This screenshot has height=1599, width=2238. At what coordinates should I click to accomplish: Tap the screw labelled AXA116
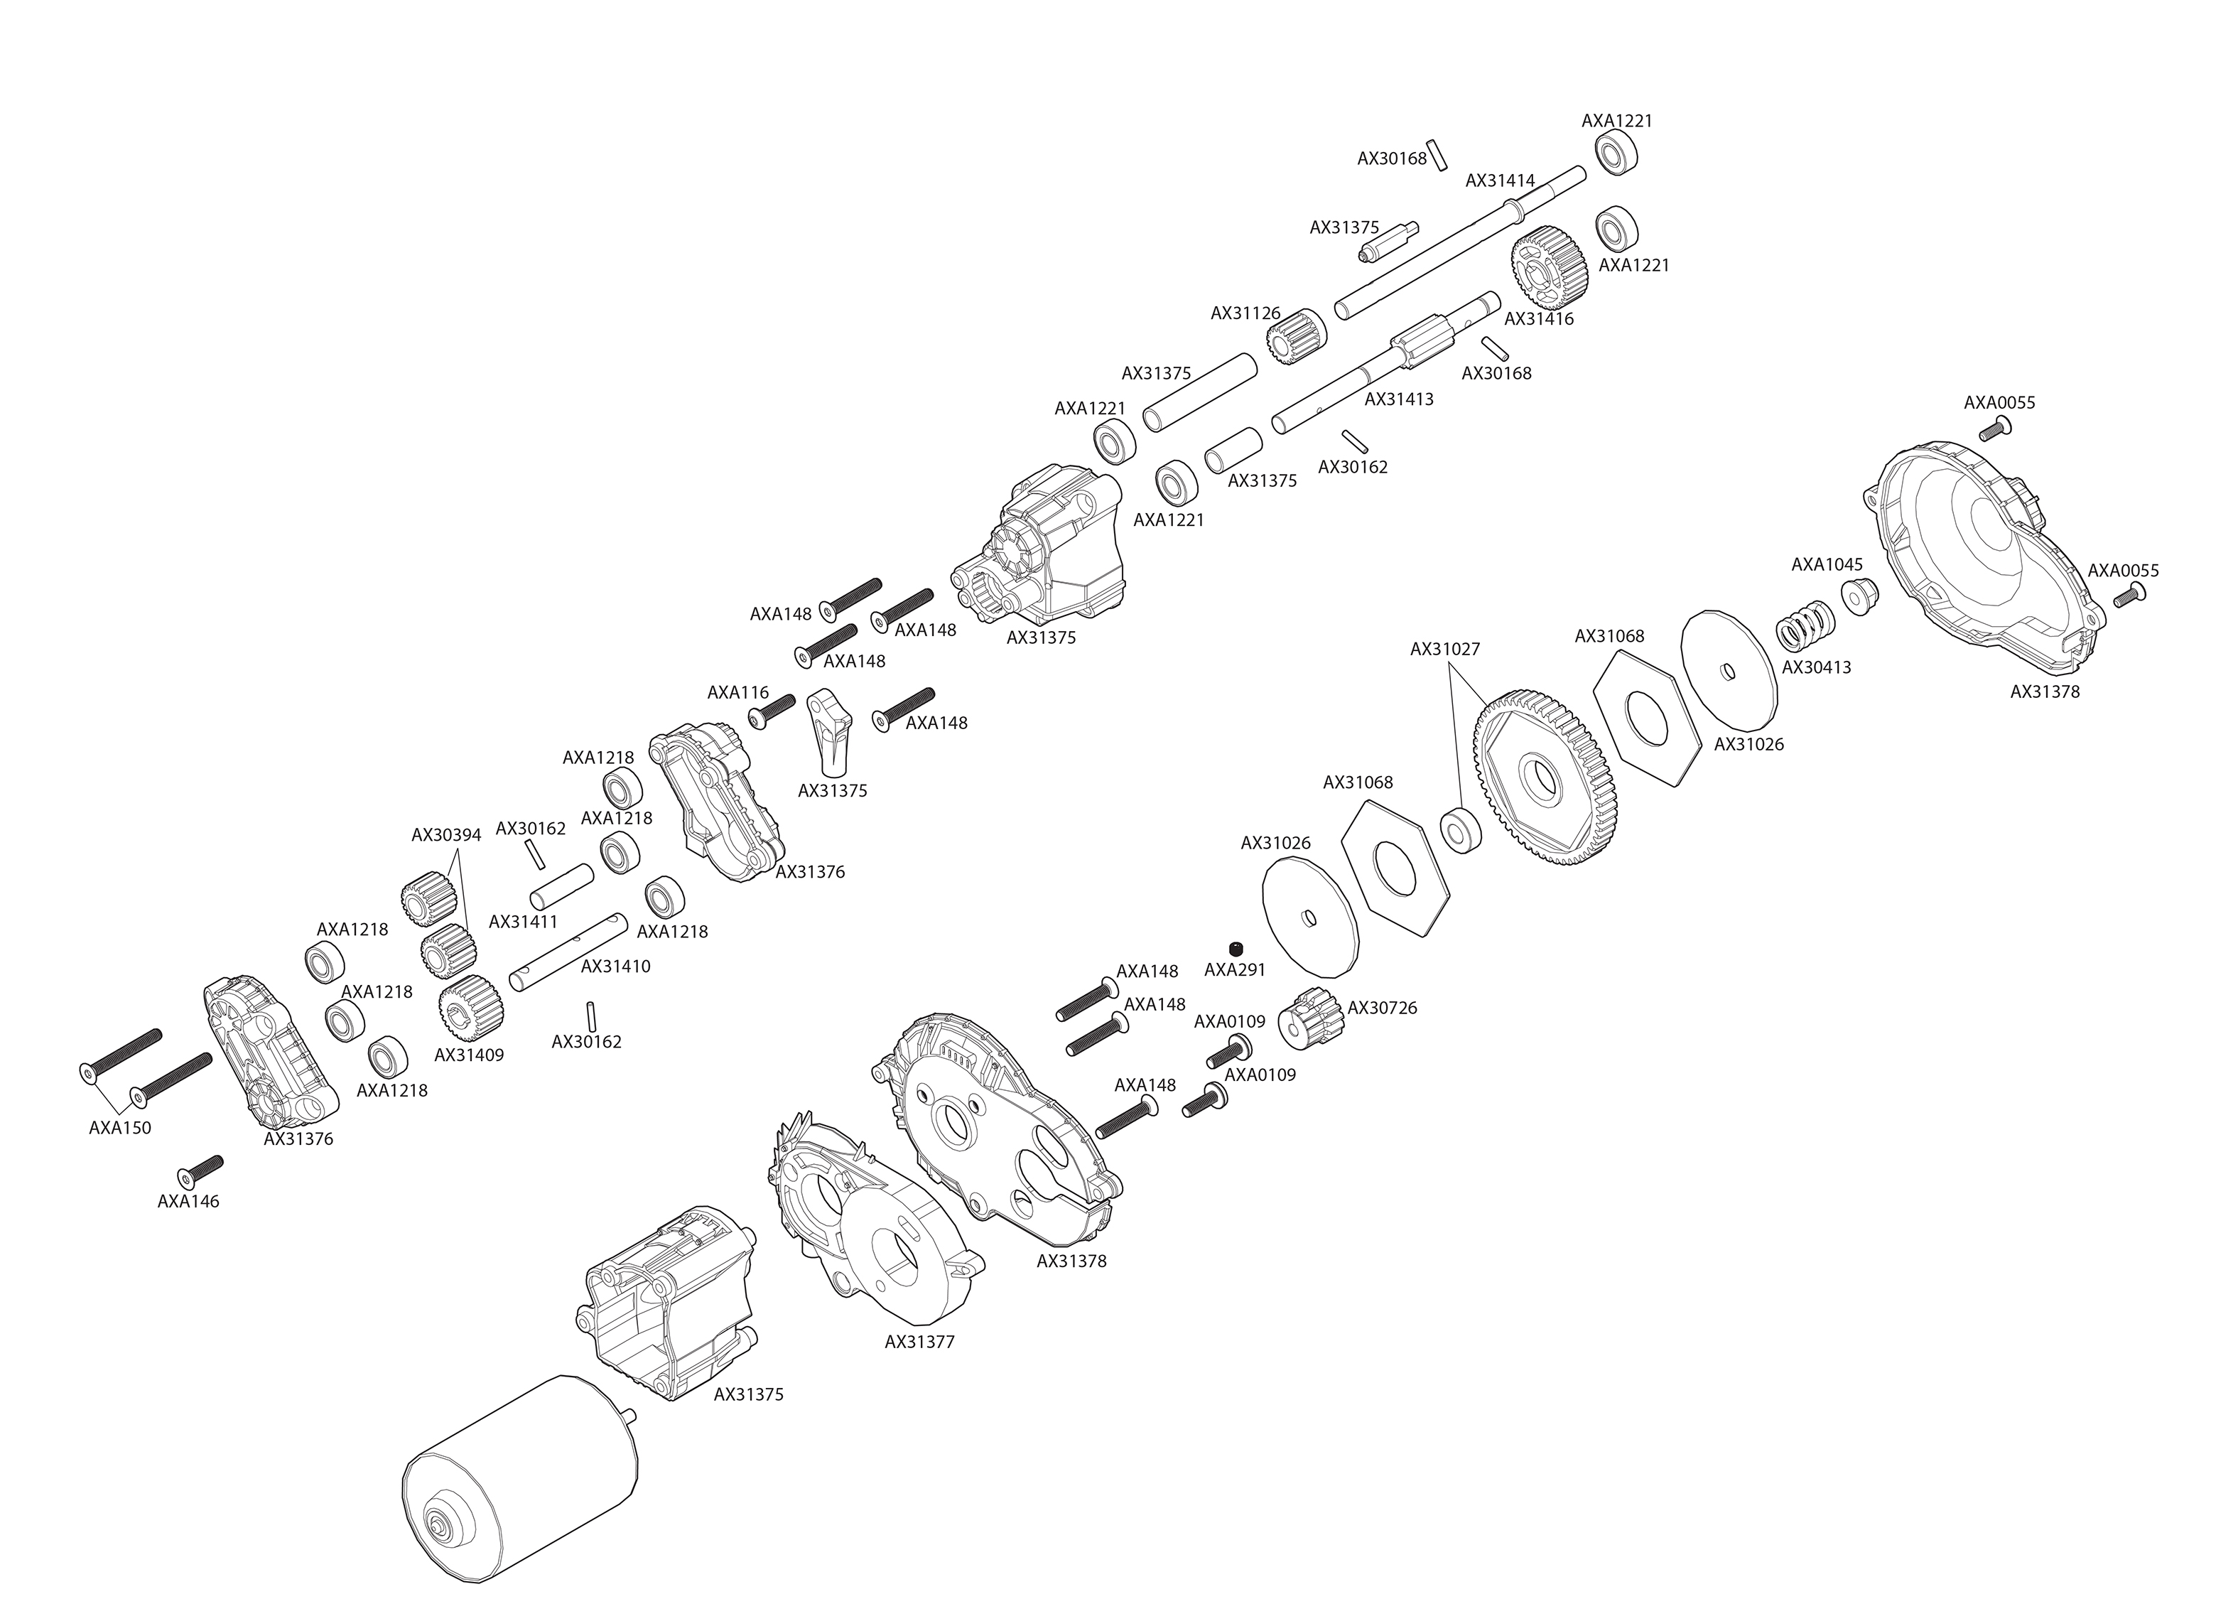pyautogui.click(x=772, y=712)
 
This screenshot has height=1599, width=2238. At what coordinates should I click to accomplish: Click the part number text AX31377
pyautogui.click(x=919, y=1342)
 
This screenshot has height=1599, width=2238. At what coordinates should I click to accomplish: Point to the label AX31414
pyautogui.click(x=1500, y=181)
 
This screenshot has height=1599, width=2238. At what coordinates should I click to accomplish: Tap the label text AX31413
pyautogui.click(x=1398, y=399)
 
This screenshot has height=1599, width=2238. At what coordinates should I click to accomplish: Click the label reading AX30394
pyautogui.click(x=446, y=836)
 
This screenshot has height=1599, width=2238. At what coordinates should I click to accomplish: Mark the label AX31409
pyautogui.click(x=468, y=1055)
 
